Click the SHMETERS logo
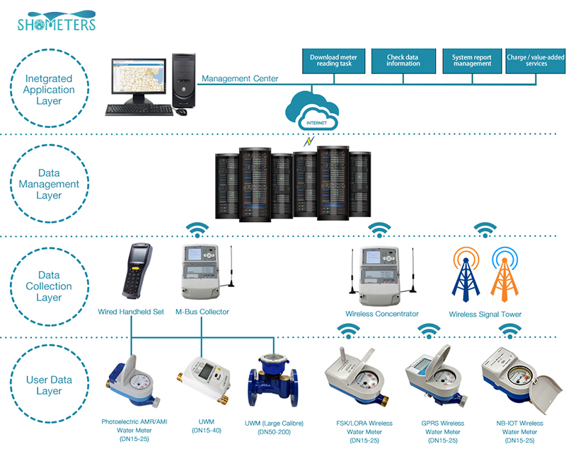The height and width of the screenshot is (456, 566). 57,21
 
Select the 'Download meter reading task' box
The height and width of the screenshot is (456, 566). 333,61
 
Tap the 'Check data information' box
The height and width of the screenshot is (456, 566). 403,61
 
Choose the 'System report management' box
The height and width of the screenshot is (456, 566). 472,61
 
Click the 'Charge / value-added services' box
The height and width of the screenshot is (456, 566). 536,61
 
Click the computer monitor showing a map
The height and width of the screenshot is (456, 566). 139,81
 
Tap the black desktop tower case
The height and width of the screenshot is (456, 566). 184,81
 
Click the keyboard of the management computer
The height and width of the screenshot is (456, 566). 139,110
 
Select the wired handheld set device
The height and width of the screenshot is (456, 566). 137,271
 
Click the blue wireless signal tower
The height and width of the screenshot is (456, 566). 466,274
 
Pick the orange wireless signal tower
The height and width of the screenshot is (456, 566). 504,274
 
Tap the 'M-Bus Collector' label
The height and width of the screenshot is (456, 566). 202,312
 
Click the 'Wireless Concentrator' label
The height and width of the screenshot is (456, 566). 382,314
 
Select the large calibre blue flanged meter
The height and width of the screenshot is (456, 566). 273,380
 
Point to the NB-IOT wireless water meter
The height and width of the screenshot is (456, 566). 521,380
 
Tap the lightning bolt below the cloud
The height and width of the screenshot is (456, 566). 308,141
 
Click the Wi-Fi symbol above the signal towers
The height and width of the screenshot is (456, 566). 485,230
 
